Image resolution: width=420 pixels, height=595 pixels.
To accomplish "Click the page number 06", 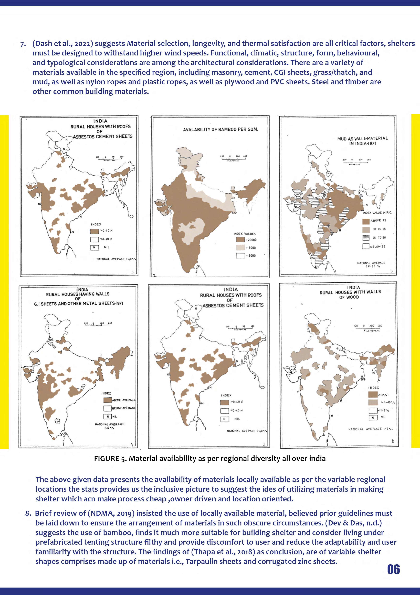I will tap(393, 569).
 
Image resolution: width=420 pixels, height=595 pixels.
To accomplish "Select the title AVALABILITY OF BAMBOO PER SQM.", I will tap(220, 129).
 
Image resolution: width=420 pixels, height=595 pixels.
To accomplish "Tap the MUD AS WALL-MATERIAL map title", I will tap(362, 141).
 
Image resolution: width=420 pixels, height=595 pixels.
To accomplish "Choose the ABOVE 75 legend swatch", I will tap(366, 221).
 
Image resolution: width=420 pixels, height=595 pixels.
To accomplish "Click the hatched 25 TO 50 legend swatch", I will tap(366, 238).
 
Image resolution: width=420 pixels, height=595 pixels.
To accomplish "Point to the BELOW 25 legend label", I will tap(377, 246).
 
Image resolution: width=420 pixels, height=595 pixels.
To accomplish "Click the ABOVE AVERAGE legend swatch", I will tap(107, 400).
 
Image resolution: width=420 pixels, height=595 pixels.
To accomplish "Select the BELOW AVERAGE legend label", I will tap(124, 408).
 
